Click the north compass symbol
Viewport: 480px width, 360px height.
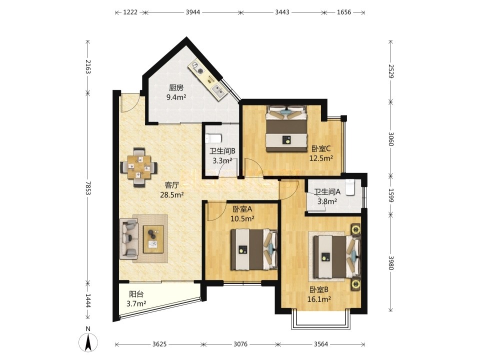(88, 340)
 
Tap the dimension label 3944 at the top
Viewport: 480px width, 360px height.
(193, 12)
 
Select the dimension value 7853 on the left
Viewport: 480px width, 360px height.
(88, 188)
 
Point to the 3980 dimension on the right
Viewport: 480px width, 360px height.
(390, 262)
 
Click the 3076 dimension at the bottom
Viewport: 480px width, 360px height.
(240, 344)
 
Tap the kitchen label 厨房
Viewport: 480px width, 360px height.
(176, 88)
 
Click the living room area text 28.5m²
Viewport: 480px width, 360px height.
(172, 194)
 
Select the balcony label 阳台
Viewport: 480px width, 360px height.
(136, 294)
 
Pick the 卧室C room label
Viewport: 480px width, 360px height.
(321, 149)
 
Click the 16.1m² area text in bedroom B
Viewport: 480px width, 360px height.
(319, 299)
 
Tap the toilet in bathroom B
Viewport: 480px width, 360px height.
(213, 138)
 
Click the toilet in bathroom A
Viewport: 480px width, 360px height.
(349, 187)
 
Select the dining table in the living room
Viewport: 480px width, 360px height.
(139, 167)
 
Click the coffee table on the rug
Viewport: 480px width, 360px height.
(153, 239)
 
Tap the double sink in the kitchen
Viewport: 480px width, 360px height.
(217, 91)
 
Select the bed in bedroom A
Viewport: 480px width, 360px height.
(254, 249)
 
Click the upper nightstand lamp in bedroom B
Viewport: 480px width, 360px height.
(355, 229)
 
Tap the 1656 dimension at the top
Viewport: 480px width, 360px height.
(344, 12)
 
